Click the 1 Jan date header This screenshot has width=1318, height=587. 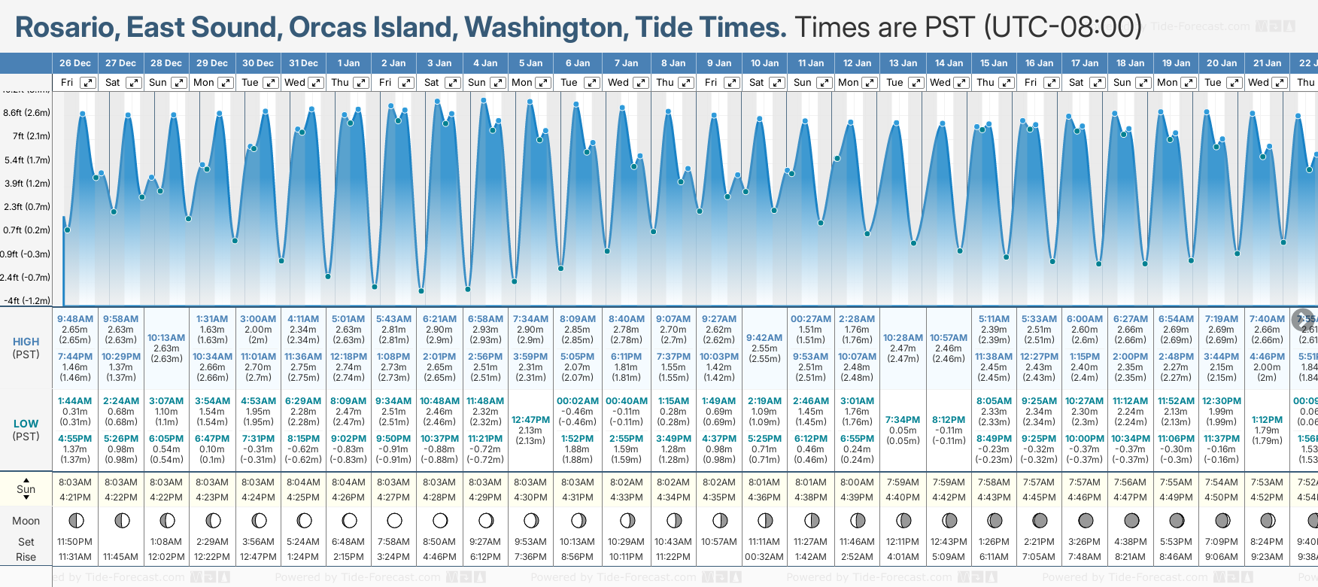[348, 63]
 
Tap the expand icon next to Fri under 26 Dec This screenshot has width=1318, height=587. [88, 83]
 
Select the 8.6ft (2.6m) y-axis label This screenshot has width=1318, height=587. [26, 113]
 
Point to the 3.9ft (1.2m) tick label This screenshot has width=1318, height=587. [26, 183]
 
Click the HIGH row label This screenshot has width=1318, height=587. [26, 342]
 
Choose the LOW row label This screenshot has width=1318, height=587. [26, 424]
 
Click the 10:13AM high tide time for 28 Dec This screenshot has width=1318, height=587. [166, 338]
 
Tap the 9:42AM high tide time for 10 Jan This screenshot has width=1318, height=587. [764, 338]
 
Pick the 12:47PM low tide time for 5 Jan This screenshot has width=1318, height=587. [530, 420]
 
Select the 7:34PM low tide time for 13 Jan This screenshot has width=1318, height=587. [903, 420]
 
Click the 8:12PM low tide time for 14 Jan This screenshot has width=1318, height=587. [949, 420]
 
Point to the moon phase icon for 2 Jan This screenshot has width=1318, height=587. [394, 520]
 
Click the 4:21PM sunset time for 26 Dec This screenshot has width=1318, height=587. [75, 497]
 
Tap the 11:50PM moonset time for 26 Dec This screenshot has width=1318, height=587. [75, 542]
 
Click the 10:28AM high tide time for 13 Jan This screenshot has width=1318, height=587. [903, 338]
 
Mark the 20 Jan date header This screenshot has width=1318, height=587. [1222, 63]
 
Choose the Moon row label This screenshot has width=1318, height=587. [26, 521]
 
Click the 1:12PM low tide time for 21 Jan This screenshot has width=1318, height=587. [1267, 420]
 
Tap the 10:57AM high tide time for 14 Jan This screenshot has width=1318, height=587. [949, 338]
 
